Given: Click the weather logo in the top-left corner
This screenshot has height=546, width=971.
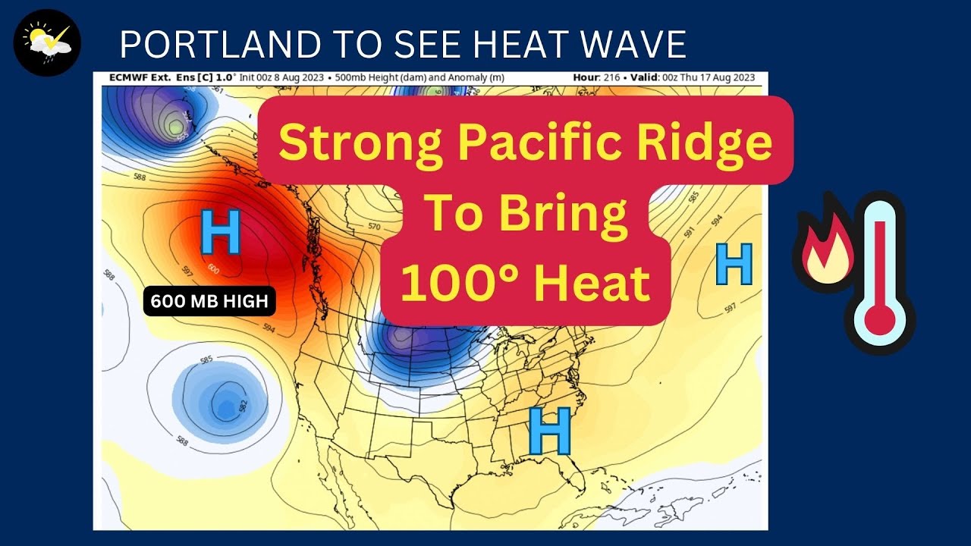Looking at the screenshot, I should (x=48, y=42).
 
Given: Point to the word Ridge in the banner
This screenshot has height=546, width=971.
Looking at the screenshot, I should (x=698, y=142).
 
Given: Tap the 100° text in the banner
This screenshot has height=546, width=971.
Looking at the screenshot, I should (x=454, y=283).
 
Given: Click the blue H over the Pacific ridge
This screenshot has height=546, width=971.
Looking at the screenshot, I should (x=220, y=232).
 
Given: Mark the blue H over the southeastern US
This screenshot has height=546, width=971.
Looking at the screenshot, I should (x=549, y=430).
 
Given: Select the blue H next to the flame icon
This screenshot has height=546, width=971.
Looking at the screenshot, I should (x=734, y=264).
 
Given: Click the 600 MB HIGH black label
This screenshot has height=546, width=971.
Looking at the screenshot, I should (x=209, y=301).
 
